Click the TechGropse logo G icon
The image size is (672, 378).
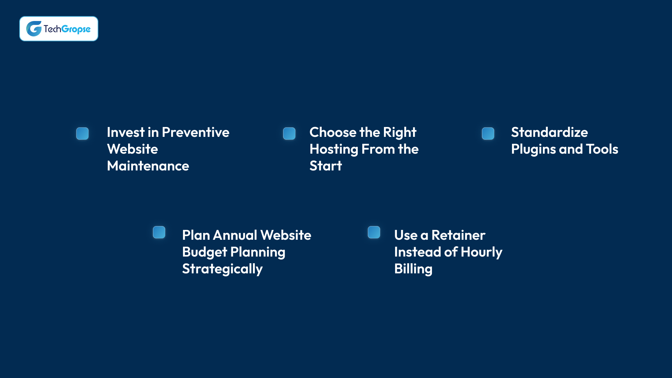coord(34,29)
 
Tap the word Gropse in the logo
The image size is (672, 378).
coord(76,29)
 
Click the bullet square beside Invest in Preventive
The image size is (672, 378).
coord(83,133)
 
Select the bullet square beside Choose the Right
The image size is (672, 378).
coord(289,133)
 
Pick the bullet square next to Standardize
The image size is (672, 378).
coord(488,133)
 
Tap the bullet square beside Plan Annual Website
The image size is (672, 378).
coord(159,232)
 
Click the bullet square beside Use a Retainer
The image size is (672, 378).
coord(374,232)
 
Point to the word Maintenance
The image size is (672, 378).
coord(148,166)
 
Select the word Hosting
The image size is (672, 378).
coord(334,149)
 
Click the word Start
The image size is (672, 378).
coord(325,166)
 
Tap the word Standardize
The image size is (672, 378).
coord(549,132)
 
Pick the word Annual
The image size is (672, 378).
coord(235,235)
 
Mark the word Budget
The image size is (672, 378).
coord(204,252)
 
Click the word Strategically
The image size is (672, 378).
coord(222,269)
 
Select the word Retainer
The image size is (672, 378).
coord(458,235)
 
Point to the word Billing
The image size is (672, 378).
coord(413,269)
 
